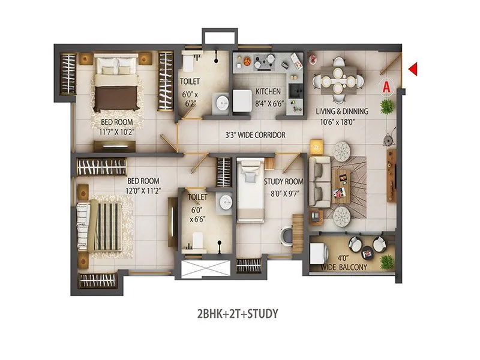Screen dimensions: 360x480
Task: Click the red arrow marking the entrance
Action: point(413,70)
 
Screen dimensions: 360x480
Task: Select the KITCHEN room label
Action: point(268,92)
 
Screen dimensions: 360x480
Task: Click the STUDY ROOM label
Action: point(284,181)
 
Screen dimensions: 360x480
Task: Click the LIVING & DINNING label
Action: point(342,112)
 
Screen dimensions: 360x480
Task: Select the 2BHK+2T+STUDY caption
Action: point(237,313)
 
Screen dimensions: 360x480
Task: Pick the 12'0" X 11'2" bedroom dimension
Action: point(142,190)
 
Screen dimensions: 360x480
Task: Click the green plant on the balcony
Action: point(387,261)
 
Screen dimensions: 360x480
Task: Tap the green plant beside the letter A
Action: point(388,106)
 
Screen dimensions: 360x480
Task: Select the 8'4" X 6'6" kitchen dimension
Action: point(268,102)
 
